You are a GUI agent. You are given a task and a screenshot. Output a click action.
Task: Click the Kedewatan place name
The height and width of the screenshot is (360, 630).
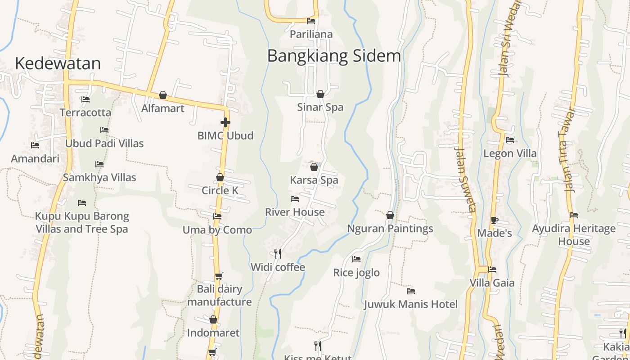pyautogui.click(x=58, y=63)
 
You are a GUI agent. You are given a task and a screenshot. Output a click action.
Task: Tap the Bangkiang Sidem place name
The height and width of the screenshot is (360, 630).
pyautogui.click(x=333, y=56)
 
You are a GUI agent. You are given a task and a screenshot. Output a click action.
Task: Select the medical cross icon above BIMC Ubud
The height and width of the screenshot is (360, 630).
pyautogui.click(x=225, y=122)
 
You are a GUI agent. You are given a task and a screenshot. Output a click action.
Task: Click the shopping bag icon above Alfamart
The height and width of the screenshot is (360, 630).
pyautogui.click(x=163, y=95)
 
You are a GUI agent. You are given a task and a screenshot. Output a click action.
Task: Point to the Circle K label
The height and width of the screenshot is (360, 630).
pyautogui.click(x=220, y=190)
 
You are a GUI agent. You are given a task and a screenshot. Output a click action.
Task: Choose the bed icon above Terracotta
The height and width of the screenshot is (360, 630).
pyautogui.click(x=85, y=99)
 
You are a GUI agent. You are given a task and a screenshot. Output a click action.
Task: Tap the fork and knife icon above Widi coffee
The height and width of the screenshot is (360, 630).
pyautogui.click(x=278, y=254)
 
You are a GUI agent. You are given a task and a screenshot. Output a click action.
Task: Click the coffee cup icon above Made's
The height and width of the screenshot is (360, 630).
pyautogui.click(x=494, y=220)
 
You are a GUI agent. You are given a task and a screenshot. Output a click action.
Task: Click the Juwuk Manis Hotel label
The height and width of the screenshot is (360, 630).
pyautogui.click(x=410, y=304)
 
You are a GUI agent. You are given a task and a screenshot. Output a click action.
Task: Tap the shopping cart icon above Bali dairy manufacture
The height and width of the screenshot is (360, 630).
pyautogui.click(x=219, y=276)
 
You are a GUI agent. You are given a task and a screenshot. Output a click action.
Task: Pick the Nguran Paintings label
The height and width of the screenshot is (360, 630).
pyautogui.click(x=390, y=229)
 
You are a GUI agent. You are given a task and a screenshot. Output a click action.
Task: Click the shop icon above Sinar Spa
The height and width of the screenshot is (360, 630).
pyautogui.click(x=320, y=94)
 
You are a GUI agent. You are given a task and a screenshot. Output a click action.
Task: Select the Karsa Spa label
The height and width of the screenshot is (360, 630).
pyautogui.click(x=314, y=180)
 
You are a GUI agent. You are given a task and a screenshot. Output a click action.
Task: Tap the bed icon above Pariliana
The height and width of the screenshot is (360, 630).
pyautogui.click(x=311, y=21)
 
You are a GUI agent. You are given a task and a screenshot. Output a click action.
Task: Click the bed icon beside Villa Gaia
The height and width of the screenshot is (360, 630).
pyautogui.click(x=492, y=270)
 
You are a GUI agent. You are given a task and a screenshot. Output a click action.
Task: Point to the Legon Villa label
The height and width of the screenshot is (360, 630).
pyautogui.click(x=510, y=153)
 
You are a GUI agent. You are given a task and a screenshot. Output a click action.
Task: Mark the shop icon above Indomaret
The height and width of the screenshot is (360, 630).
pyautogui.click(x=213, y=320)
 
